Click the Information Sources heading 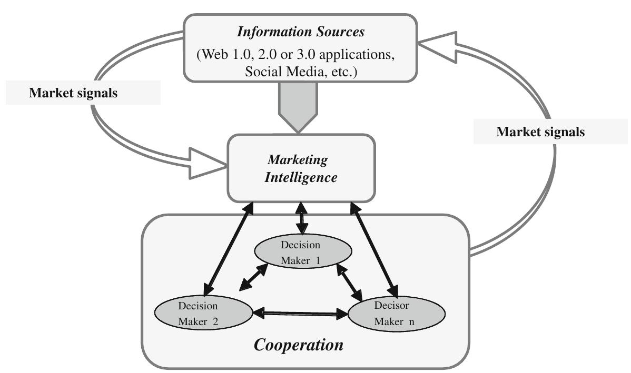300,32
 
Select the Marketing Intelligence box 301,168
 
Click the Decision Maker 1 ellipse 300,253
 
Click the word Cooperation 299,345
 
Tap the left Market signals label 73,93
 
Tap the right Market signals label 540,132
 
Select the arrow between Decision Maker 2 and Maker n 301,314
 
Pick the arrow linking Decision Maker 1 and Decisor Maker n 350,282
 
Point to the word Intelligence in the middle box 301,177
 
